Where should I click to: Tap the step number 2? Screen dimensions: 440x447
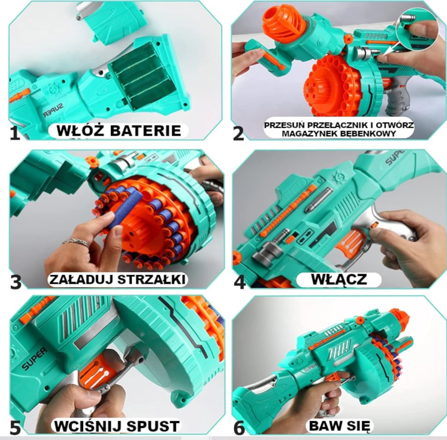[238, 133]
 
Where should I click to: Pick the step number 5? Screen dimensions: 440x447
[15, 427]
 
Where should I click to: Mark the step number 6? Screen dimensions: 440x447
[239, 427]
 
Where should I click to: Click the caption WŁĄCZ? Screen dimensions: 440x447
[338, 280]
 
